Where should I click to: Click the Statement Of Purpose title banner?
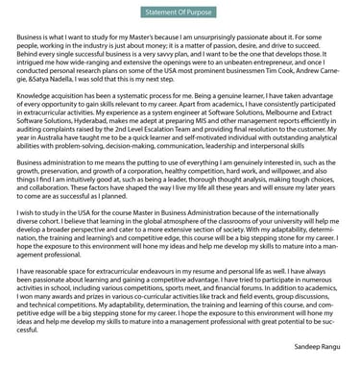[x=180, y=12]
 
